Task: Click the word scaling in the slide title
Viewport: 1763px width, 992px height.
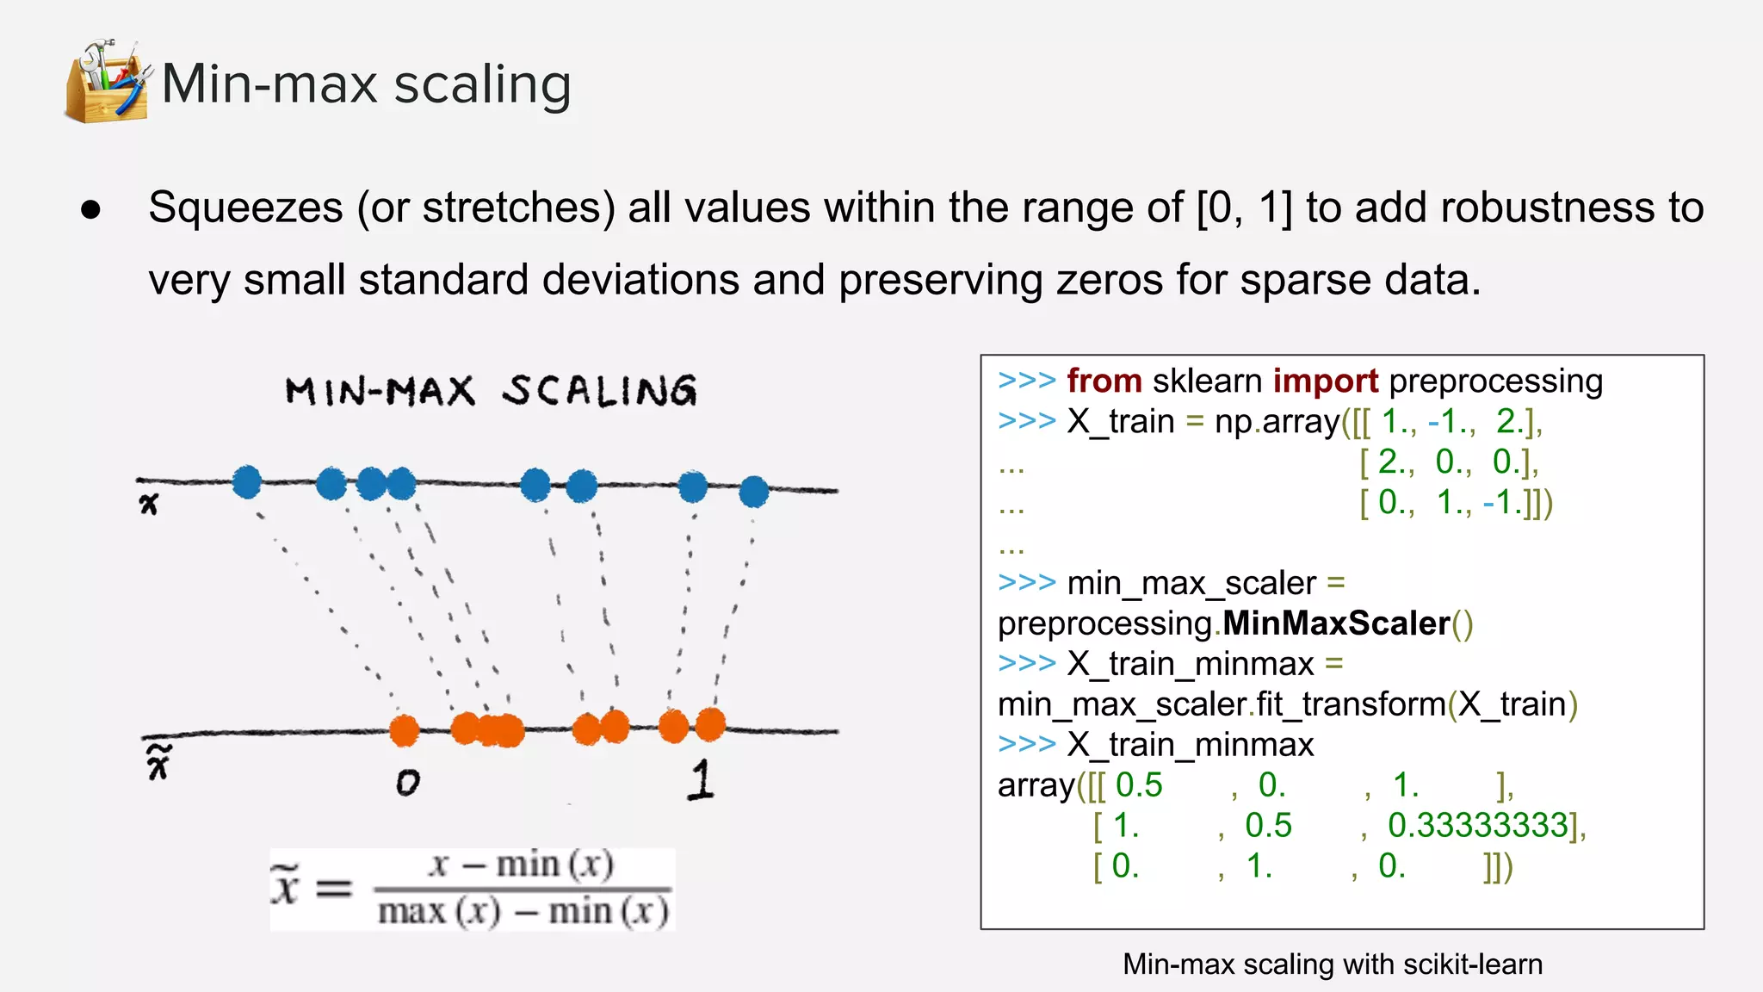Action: pos(482,85)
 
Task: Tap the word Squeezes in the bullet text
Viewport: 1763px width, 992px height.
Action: pos(245,208)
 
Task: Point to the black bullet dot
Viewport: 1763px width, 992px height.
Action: pos(90,210)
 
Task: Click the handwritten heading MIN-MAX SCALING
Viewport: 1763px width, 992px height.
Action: pos(491,391)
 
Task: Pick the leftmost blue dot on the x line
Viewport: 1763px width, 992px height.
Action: pos(247,482)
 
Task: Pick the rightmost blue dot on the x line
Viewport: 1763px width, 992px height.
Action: pos(753,492)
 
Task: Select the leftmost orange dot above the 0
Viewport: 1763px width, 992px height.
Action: pos(404,730)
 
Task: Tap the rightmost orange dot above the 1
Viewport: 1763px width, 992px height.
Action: pos(710,724)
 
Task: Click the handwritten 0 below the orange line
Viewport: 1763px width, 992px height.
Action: pos(407,782)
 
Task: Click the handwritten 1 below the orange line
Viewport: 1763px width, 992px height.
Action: pos(702,779)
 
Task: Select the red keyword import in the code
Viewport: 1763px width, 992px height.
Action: pos(1326,381)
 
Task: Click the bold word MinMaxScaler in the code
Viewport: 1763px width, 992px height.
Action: pos(1336,623)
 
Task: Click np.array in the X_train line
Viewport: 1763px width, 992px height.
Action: pos(1277,422)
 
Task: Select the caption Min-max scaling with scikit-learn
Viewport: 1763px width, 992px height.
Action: pos(1332,964)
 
